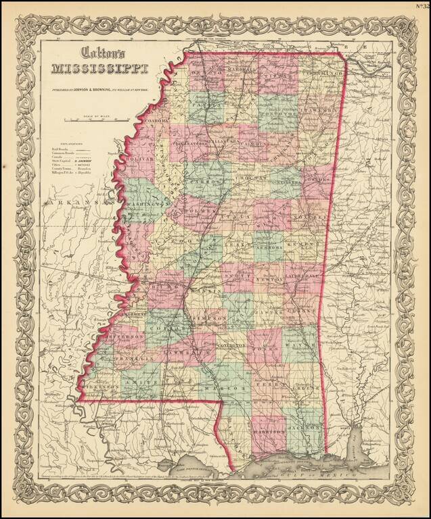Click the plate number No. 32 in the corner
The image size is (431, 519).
pos(422,8)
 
